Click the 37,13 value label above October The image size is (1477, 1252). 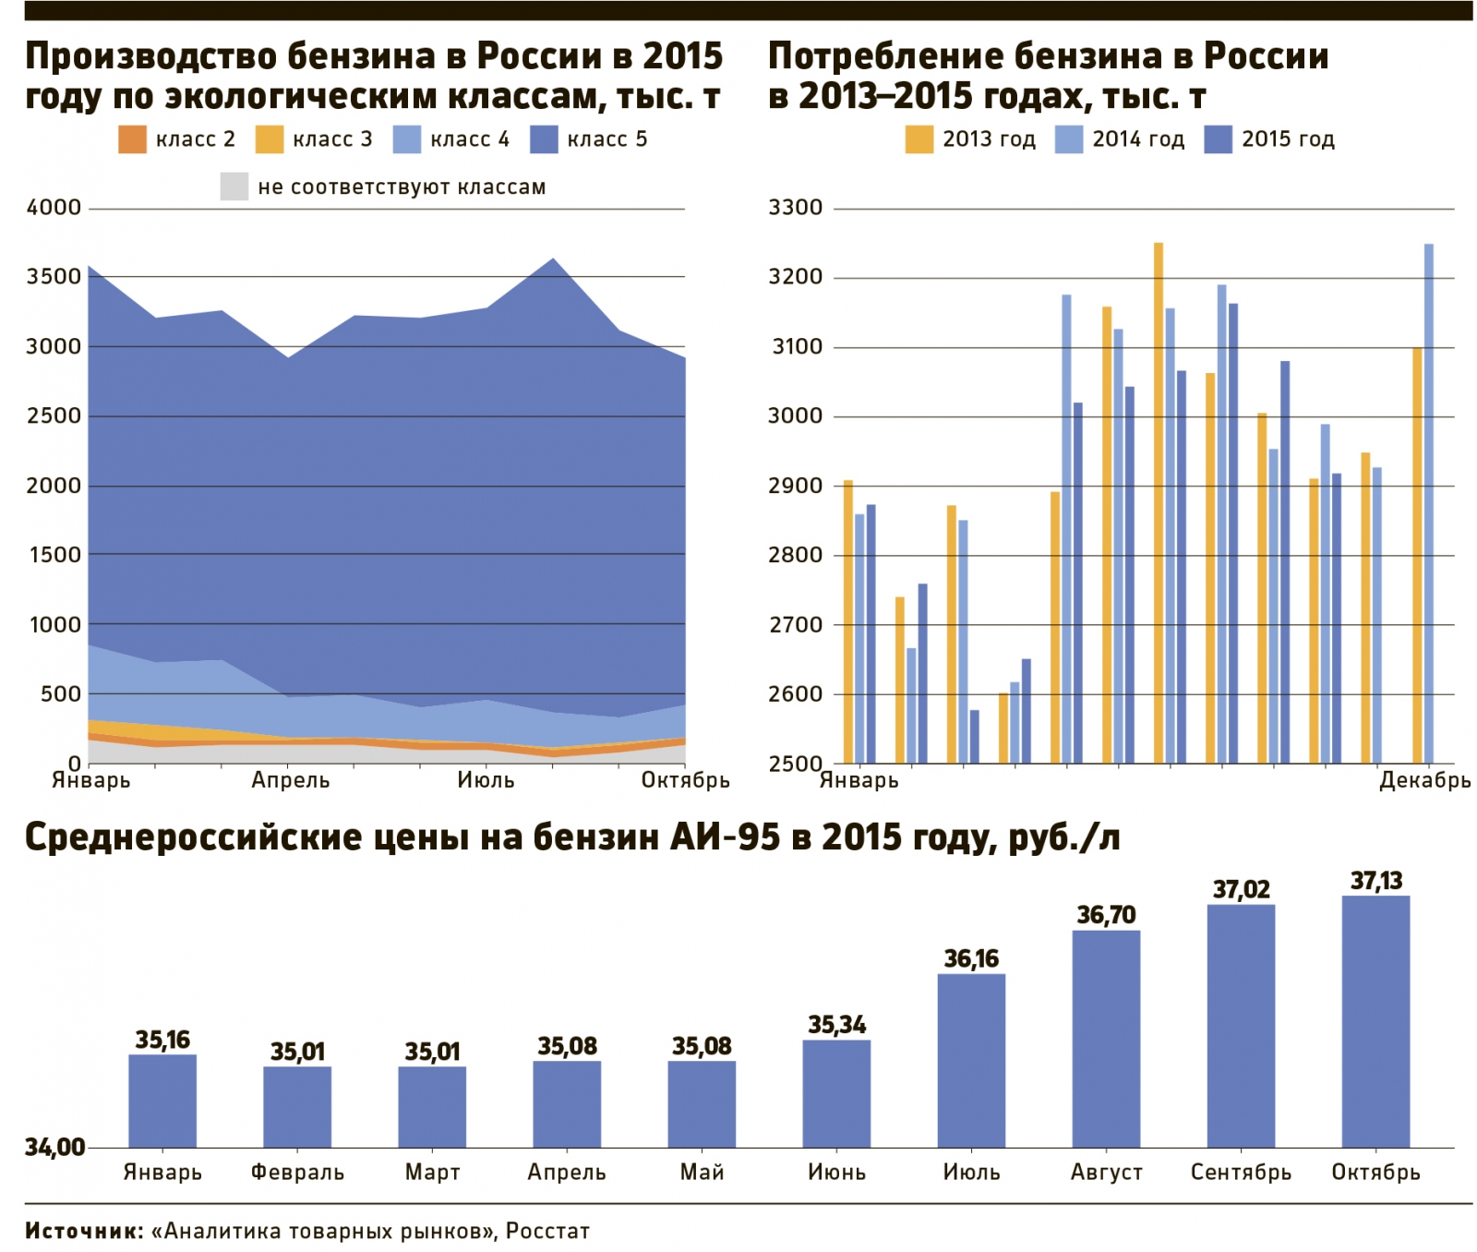(x=1375, y=881)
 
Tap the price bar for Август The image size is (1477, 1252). (x=1106, y=1039)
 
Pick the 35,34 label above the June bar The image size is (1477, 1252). (x=836, y=1025)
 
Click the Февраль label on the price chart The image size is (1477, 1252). (x=297, y=1173)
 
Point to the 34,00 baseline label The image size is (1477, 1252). (x=54, y=1148)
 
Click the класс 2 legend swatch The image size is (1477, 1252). (x=132, y=139)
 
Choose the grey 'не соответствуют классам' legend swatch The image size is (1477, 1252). (x=234, y=187)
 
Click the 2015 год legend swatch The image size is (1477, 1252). (x=1219, y=139)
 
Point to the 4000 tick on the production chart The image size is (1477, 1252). (x=54, y=208)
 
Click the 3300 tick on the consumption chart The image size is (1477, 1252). (x=795, y=208)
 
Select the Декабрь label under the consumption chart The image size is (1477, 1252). (x=1424, y=781)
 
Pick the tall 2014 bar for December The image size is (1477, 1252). (x=1429, y=503)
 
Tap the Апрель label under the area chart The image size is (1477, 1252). (x=291, y=781)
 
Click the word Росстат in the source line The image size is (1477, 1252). (x=547, y=1231)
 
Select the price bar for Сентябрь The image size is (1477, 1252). (x=1241, y=1026)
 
